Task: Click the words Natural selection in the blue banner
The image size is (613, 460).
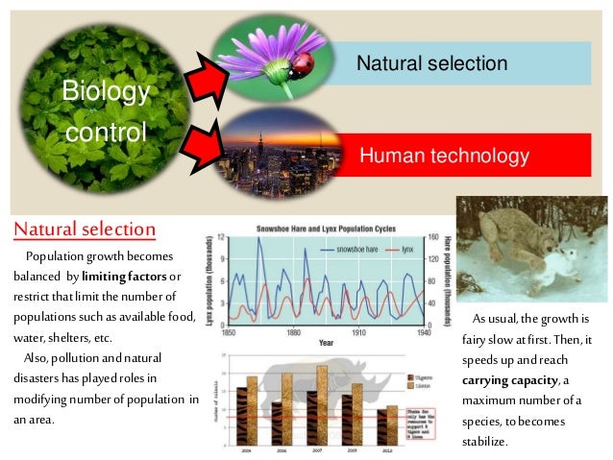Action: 431,63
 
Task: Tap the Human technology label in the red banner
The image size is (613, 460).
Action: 443,156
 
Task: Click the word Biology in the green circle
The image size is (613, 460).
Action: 106,91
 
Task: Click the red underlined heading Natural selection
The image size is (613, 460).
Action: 85,230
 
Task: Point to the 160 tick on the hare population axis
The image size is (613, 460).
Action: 433,237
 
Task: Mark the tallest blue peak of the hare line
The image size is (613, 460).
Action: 258,240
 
